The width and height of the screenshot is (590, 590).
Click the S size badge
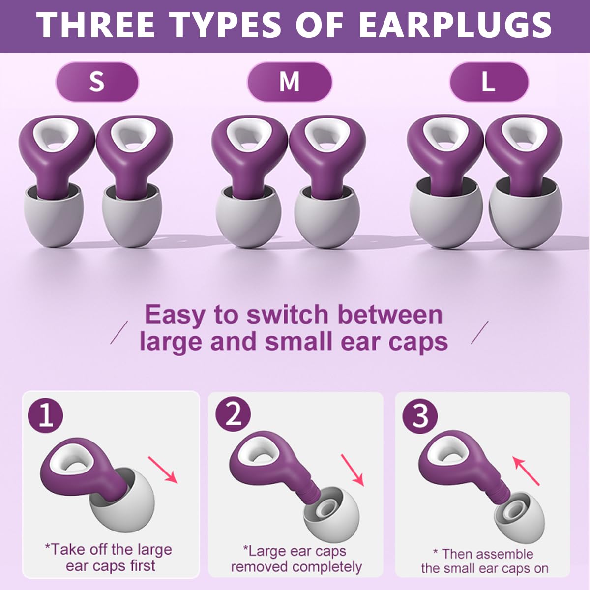click(x=97, y=82)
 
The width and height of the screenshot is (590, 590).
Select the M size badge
click(x=289, y=82)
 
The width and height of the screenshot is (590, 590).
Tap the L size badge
click(x=488, y=82)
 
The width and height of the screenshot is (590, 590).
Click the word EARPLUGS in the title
click(x=455, y=26)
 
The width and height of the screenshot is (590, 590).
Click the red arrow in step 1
click(x=163, y=470)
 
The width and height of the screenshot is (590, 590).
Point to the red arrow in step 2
click(x=352, y=470)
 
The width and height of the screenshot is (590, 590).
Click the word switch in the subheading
click(x=287, y=315)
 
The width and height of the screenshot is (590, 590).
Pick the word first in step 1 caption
click(x=143, y=566)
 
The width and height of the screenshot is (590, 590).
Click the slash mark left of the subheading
click(x=119, y=332)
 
